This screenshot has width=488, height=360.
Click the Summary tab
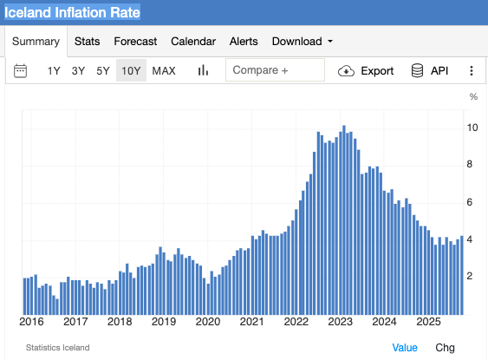tap(36, 41)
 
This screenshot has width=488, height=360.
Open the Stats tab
tap(87, 41)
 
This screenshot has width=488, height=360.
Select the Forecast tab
tap(135, 41)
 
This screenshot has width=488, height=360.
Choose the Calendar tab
tap(192, 41)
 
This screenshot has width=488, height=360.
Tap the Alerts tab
tap(244, 41)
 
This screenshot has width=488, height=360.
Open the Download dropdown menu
tap(303, 41)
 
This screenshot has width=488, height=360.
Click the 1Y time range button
tap(54, 71)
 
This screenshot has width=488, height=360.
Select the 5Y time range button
tap(103, 71)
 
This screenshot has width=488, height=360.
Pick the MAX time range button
tap(164, 71)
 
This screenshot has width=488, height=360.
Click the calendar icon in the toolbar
tap(22, 71)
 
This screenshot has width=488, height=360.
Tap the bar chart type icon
tap(204, 71)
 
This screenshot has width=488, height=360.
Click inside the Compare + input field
tap(275, 70)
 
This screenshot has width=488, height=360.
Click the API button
tap(429, 71)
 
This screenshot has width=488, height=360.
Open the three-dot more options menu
tap(472, 71)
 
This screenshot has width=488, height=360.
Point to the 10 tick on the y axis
tap(472, 128)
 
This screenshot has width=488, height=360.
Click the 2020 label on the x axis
tap(208, 322)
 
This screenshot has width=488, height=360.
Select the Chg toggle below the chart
tap(445, 347)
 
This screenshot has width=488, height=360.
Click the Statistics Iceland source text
tap(57, 347)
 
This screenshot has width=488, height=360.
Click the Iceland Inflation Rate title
tap(73, 13)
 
